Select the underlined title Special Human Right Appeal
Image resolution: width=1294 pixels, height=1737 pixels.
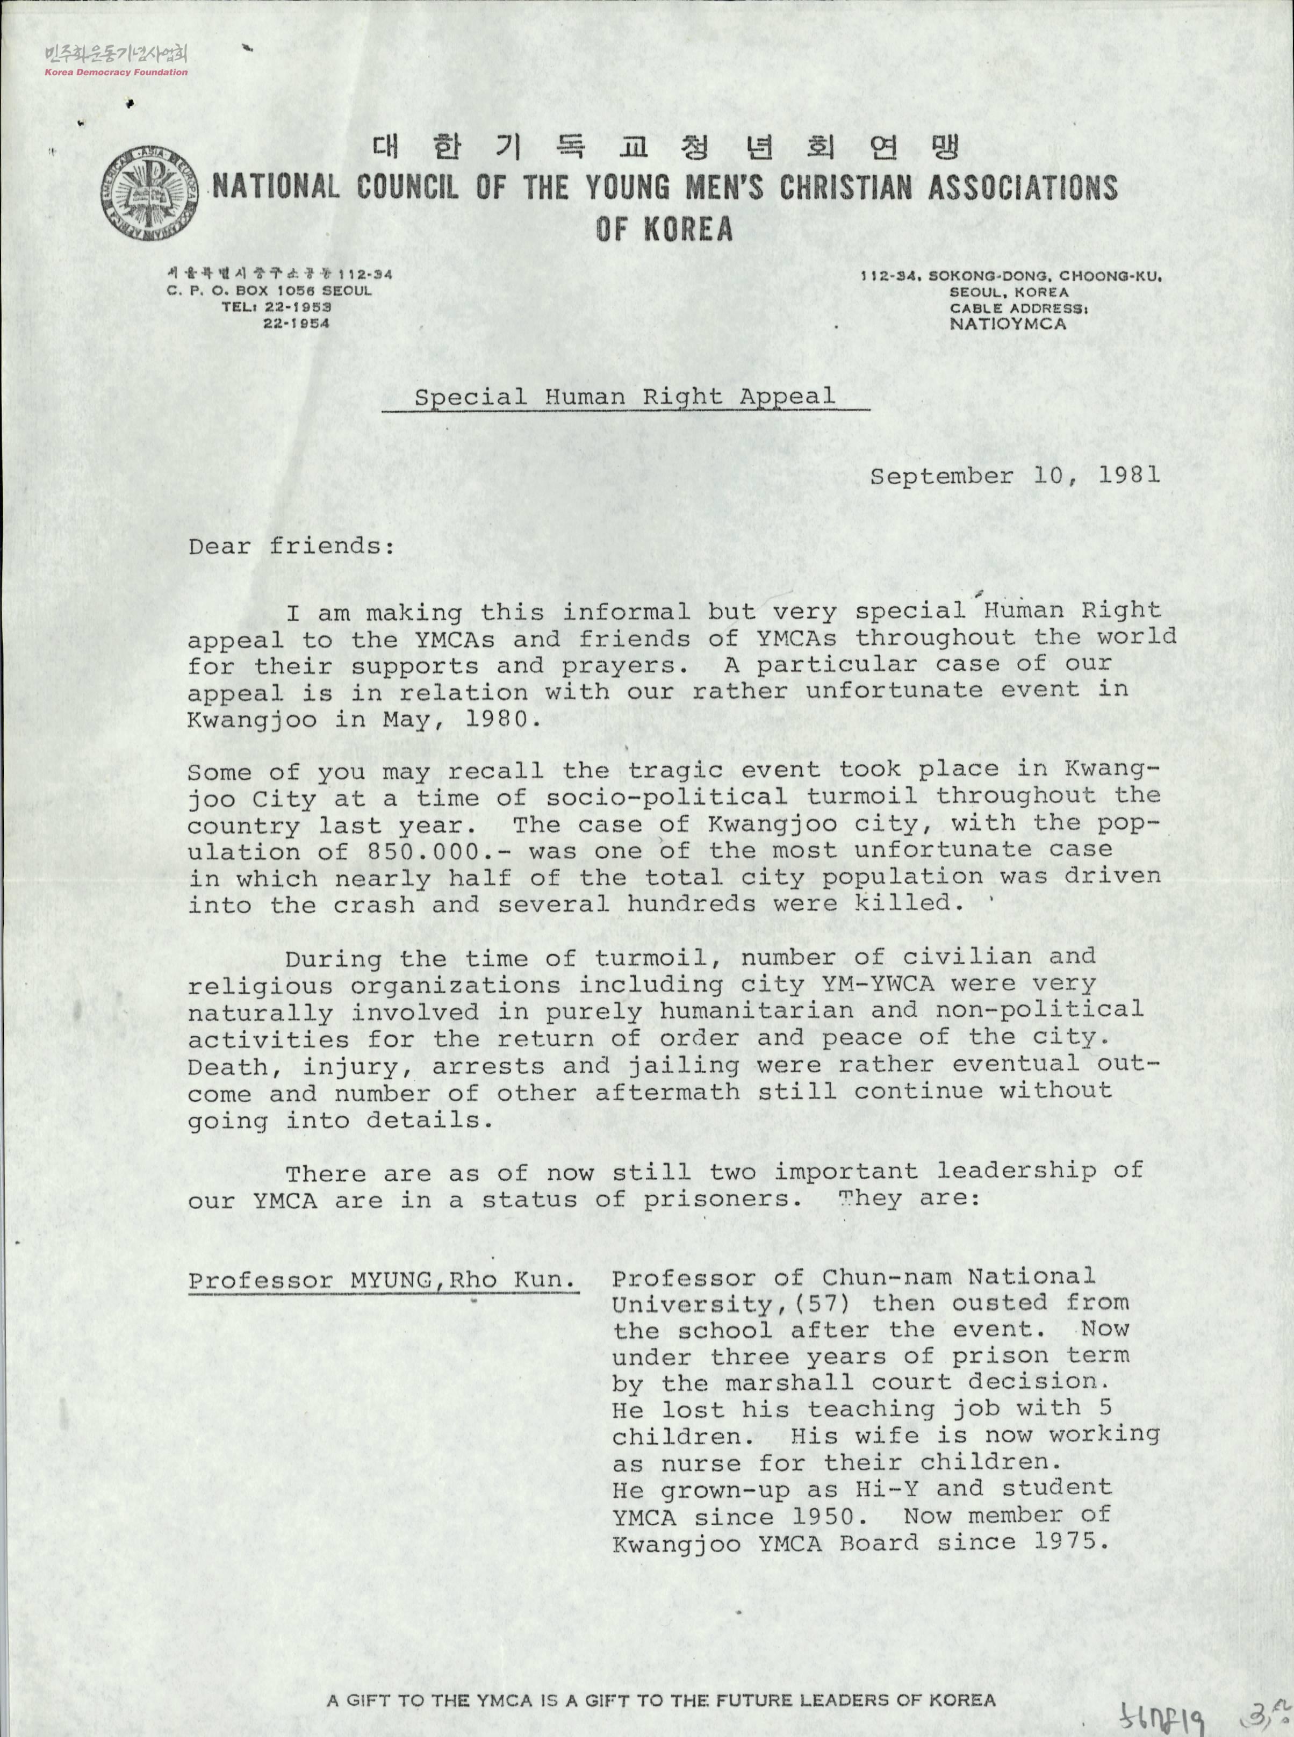coord(624,397)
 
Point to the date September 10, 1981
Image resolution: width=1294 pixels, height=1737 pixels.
coord(1015,476)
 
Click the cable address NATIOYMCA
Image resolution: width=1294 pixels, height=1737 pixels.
coord(1008,323)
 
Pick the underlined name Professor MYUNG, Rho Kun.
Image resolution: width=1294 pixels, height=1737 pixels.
coord(382,1280)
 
